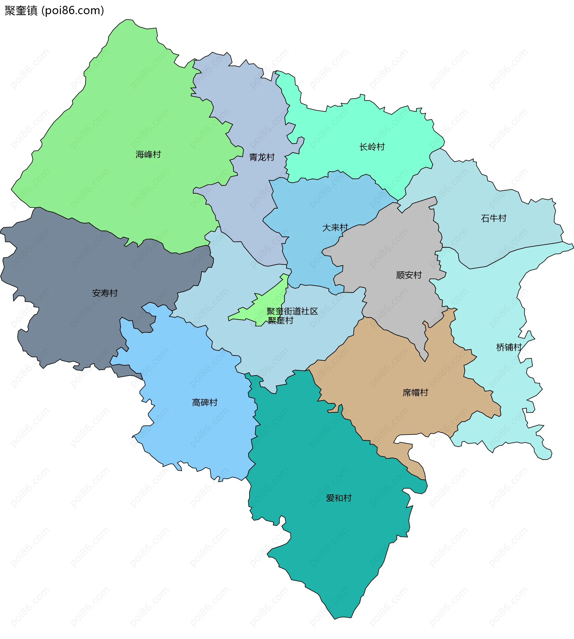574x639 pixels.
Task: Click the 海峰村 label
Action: (x=148, y=155)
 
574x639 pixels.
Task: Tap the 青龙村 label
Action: (x=262, y=157)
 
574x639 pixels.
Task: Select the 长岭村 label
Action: (x=372, y=147)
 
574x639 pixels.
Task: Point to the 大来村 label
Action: (x=335, y=228)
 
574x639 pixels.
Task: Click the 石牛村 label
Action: (x=494, y=218)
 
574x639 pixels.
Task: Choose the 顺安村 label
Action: (x=409, y=275)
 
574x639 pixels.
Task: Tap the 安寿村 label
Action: (x=105, y=293)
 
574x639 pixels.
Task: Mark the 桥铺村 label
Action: (x=509, y=347)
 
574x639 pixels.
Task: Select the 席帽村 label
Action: (x=415, y=393)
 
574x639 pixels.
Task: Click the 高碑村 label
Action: (x=205, y=403)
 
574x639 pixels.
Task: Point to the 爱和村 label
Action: (x=339, y=498)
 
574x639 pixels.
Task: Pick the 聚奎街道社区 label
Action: (x=292, y=311)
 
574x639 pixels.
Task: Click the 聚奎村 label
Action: (x=280, y=321)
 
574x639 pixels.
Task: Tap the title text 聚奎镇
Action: (x=21, y=11)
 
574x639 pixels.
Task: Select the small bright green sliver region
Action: (x=271, y=299)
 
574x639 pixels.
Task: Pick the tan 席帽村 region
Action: (x=394, y=416)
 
